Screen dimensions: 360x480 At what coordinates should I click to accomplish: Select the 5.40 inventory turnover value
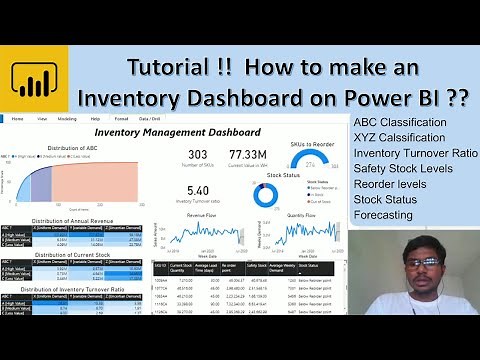click(x=197, y=190)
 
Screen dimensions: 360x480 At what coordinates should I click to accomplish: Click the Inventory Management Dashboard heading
click(x=177, y=131)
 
